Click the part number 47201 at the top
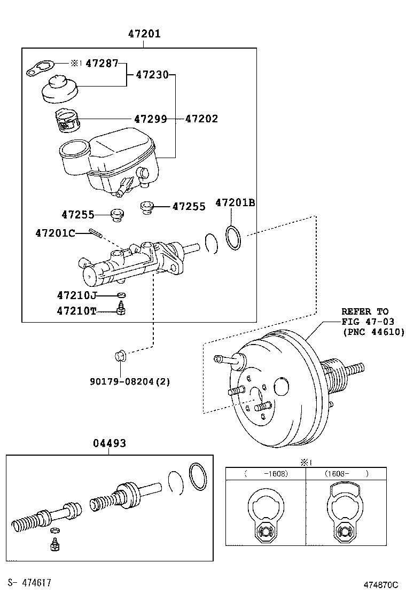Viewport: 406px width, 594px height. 144,34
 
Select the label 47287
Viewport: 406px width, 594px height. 102,64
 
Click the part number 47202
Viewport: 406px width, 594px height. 201,119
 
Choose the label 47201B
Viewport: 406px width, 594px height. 235,203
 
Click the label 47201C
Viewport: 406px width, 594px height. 56,233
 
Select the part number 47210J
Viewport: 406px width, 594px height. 77,295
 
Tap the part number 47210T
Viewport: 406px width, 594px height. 77,311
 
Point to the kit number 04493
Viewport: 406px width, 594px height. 110,443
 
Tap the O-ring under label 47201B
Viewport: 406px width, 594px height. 233,237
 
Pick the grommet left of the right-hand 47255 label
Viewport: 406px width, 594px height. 146,206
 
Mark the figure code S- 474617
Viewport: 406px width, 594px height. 29,582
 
